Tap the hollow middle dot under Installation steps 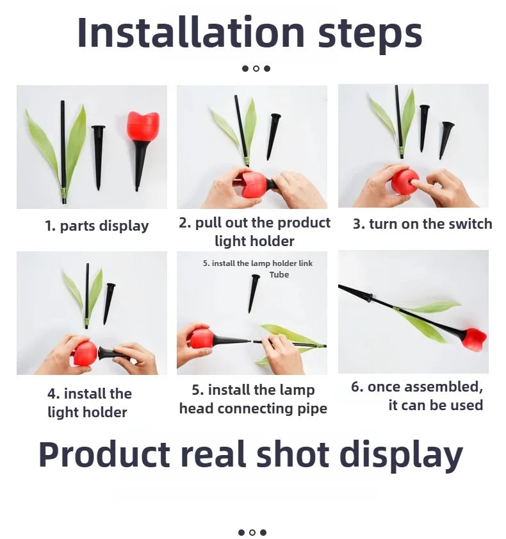coord(256,69)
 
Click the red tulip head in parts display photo coord(142,127)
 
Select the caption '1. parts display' coord(97,226)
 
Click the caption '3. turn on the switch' coord(422,224)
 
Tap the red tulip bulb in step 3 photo coord(404,182)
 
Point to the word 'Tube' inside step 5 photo coord(279,275)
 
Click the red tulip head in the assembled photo coord(474,339)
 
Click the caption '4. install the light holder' coord(89,402)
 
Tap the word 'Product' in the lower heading coord(104,454)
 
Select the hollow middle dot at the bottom coord(252,532)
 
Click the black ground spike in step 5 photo coord(254,291)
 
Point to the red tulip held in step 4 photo coord(85,353)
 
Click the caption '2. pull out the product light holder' coord(254,232)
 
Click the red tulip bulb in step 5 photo coord(202,338)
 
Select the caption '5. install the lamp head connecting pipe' coord(253,399)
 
